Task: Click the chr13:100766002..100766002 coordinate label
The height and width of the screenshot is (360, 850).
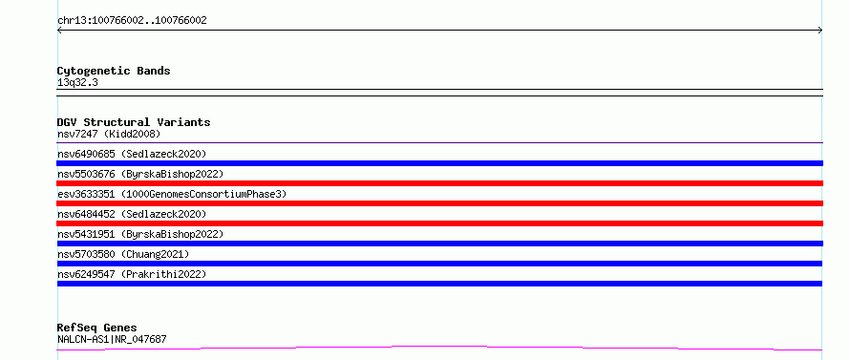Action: [132, 21]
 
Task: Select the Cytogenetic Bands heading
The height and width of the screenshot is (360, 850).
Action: [114, 71]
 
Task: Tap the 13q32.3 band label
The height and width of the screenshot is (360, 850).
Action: [77, 83]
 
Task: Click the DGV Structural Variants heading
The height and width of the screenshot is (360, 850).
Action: [134, 122]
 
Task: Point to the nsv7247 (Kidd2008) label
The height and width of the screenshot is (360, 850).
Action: [109, 134]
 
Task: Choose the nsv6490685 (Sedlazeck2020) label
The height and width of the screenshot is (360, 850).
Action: [132, 154]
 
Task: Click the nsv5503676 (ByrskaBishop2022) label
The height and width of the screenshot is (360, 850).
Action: [140, 174]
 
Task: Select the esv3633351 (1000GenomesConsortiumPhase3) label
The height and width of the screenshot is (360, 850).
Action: [172, 194]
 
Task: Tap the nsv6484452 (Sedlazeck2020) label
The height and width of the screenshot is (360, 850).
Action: [132, 214]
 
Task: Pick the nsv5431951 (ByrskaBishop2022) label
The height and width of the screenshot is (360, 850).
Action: [140, 234]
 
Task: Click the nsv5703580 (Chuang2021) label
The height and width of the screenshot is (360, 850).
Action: [123, 254]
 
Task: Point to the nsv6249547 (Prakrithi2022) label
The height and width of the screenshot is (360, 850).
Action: [132, 274]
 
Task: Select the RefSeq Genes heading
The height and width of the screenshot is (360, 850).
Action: [96, 328]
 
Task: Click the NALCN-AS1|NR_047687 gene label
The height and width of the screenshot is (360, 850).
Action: [112, 339]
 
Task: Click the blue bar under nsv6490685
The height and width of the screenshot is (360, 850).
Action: [439, 163]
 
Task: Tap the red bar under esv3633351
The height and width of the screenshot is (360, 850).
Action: [439, 203]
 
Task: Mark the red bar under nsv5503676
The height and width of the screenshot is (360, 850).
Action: [439, 183]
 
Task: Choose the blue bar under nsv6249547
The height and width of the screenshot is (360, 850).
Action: [439, 284]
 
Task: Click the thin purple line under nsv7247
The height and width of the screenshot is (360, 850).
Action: [439, 142]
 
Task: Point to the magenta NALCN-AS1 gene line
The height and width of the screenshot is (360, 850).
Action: [439, 347]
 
